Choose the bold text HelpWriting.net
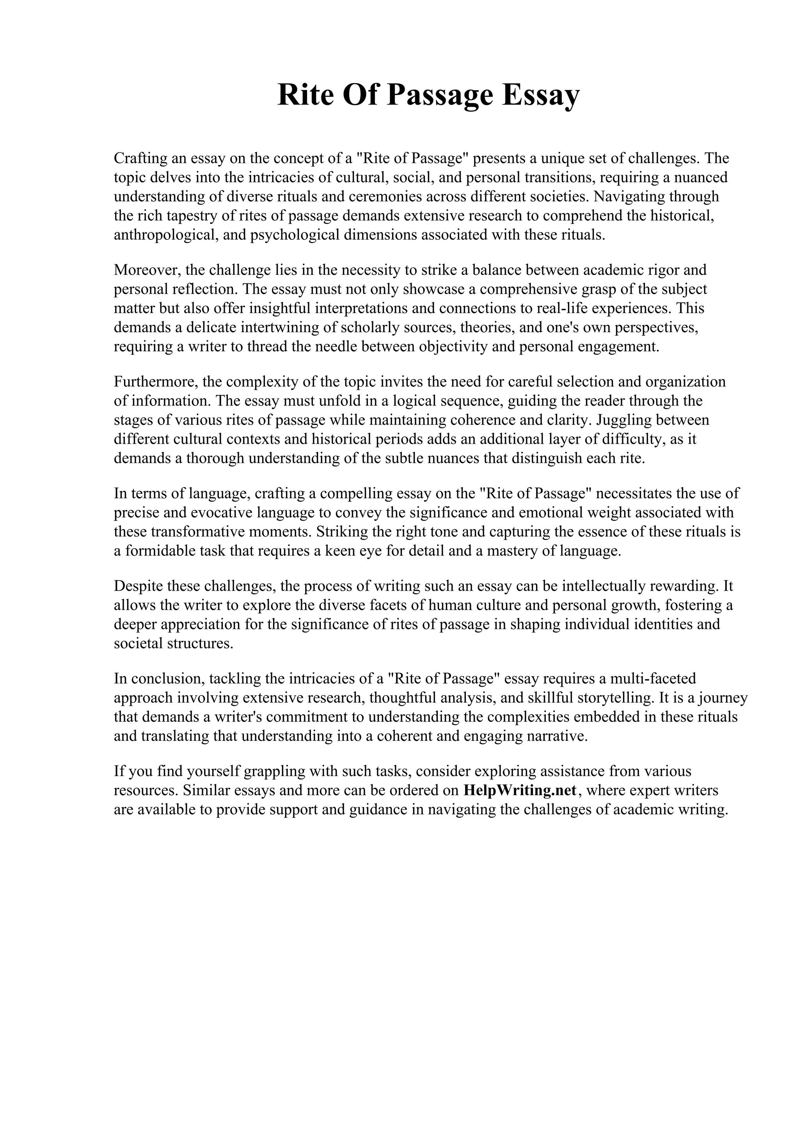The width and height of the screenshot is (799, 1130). [520, 790]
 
